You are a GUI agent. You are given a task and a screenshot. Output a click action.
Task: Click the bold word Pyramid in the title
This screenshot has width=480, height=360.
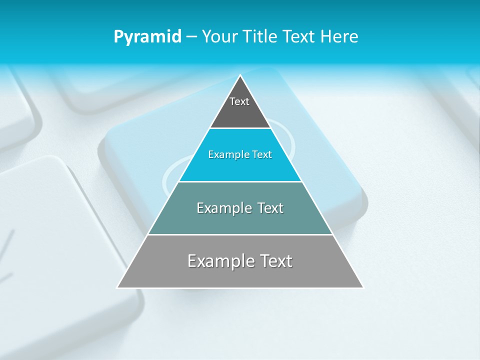pos(147,37)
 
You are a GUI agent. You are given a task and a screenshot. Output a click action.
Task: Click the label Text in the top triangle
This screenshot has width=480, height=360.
pos(239,101)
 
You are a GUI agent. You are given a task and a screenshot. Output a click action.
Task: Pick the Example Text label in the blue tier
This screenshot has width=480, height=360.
pos(240,154)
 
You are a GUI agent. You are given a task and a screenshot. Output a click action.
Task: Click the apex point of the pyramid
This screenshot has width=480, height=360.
pos(240,76)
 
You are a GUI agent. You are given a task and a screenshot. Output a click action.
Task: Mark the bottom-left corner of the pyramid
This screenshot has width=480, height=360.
pos(117,287)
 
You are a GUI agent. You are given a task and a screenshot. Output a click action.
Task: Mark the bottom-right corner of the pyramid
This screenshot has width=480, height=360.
pos(363,287)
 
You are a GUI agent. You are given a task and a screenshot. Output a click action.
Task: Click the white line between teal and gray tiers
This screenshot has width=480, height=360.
pos(240,234)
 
